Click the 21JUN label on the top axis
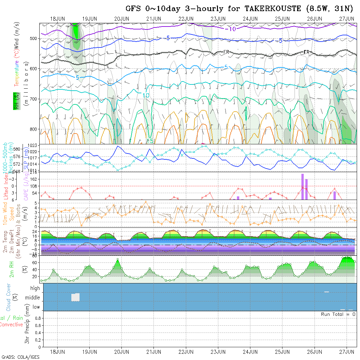point(153,19)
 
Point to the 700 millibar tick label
point(34,99)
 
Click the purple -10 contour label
point(230,29)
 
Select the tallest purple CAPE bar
point(303,187)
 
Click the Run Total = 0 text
point(338,314)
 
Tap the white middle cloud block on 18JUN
point(76,297)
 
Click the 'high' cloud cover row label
point(35,288)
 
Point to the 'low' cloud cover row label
point(36,307)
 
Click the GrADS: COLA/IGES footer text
point(20,357)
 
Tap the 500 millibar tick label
point(34,38)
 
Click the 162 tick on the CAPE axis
point(36,179)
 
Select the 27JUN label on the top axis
point(347,19)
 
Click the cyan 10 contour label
point(146,95)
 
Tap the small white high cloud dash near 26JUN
point(326,292)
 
